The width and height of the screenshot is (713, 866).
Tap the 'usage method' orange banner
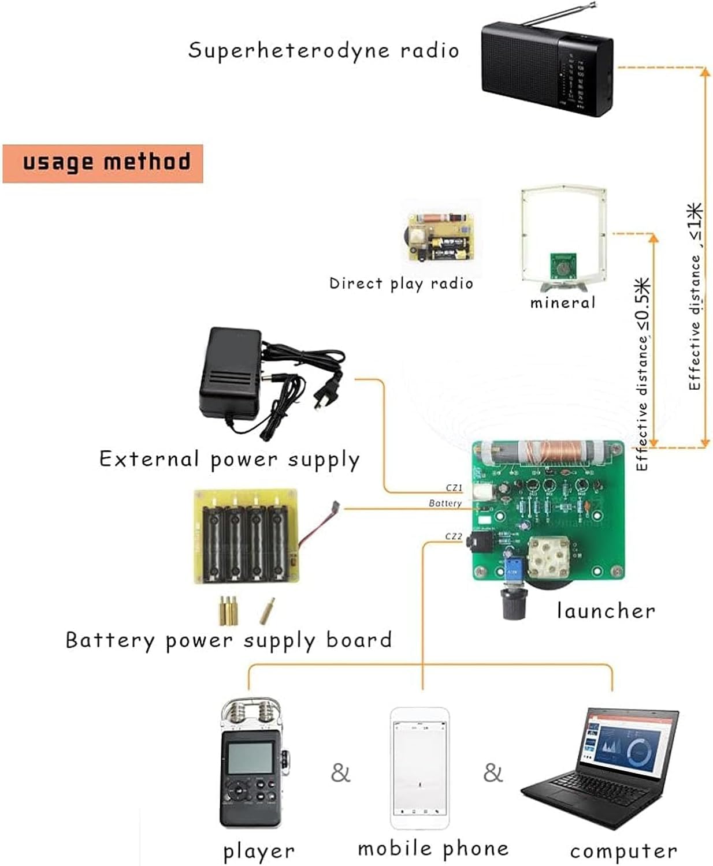103,163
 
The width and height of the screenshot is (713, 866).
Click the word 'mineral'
562,303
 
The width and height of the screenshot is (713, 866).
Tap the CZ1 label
454,488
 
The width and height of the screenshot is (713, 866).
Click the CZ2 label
454,536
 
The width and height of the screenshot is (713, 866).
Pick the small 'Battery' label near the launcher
445,503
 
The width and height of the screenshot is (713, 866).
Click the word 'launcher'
606,611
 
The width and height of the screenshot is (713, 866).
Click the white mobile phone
419,768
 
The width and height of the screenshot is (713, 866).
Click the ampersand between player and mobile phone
340,772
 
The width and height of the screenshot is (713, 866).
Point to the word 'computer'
623,851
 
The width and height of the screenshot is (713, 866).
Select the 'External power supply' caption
229,460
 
